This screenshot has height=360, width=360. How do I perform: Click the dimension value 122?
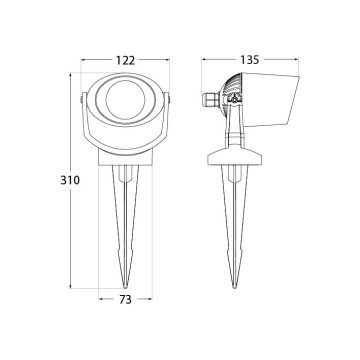(x=125, y=60)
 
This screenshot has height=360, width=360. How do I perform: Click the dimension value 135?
(x=249, y=60)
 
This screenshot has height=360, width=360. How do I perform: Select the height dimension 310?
(x=70, y=180)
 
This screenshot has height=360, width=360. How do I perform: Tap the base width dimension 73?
(x=125, y=300)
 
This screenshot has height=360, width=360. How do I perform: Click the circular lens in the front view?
(x=125, y=99)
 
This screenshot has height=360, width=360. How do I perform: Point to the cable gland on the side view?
(x=210, y=99)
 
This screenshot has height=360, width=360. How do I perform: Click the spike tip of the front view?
(x=125, y=286)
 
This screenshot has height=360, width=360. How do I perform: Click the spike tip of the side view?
(x=234, y=286)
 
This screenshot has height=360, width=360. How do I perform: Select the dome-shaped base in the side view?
(x=234, y=156)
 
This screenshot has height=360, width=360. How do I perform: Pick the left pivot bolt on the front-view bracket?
(x=81, y=99)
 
